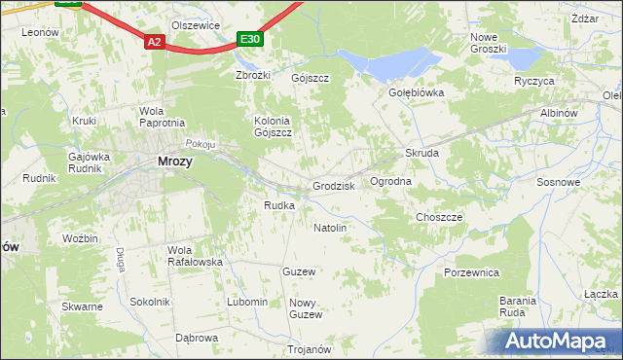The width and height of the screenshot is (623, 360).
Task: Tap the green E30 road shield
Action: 250,39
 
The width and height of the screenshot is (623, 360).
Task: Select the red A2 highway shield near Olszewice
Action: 155,42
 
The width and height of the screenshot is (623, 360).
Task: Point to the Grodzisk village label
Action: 333,186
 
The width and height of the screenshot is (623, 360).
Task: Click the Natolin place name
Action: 330,228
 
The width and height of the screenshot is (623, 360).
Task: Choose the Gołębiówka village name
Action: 417,93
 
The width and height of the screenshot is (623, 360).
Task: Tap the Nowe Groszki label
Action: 489,43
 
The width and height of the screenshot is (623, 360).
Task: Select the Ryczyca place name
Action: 534,81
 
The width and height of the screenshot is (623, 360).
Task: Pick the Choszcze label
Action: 439,217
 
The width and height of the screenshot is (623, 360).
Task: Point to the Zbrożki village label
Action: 252,75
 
